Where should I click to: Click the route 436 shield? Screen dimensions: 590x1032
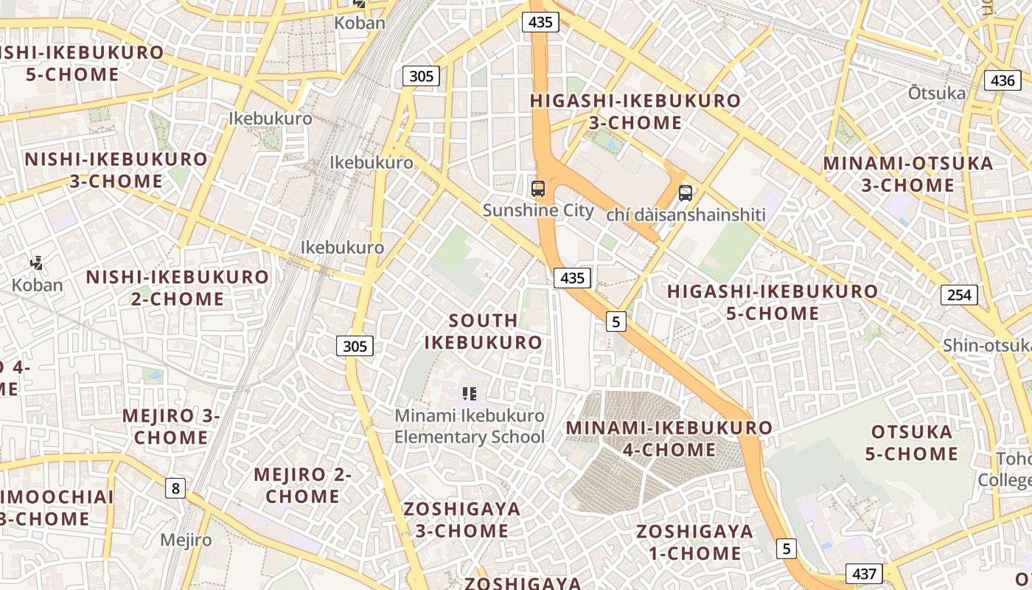1003,80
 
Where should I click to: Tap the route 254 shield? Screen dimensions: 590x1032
959,295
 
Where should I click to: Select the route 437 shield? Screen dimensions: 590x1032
864,573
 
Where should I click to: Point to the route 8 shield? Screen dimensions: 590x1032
175,487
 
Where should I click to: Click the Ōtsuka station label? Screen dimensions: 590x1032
936,93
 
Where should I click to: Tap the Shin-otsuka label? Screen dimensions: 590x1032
986,345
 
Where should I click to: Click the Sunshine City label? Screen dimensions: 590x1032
537,210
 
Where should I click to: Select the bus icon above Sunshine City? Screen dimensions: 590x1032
538,189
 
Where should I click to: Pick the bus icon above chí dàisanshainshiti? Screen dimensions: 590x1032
686,193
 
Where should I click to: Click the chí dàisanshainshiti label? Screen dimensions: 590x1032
686,215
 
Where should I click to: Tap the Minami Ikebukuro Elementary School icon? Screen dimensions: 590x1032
470,394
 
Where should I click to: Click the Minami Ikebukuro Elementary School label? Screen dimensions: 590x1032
470,426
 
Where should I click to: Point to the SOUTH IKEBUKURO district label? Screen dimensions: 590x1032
483,331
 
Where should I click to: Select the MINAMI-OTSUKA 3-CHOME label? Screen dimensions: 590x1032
908,174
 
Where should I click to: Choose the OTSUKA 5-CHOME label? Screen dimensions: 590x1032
912,442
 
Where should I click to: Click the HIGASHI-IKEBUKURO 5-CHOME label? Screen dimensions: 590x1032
773,302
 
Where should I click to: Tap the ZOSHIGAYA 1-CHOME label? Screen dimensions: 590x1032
695,542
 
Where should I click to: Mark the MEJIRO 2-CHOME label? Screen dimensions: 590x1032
303,485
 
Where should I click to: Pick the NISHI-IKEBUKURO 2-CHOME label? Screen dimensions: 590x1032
178,288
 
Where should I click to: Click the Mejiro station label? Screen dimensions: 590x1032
186,540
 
